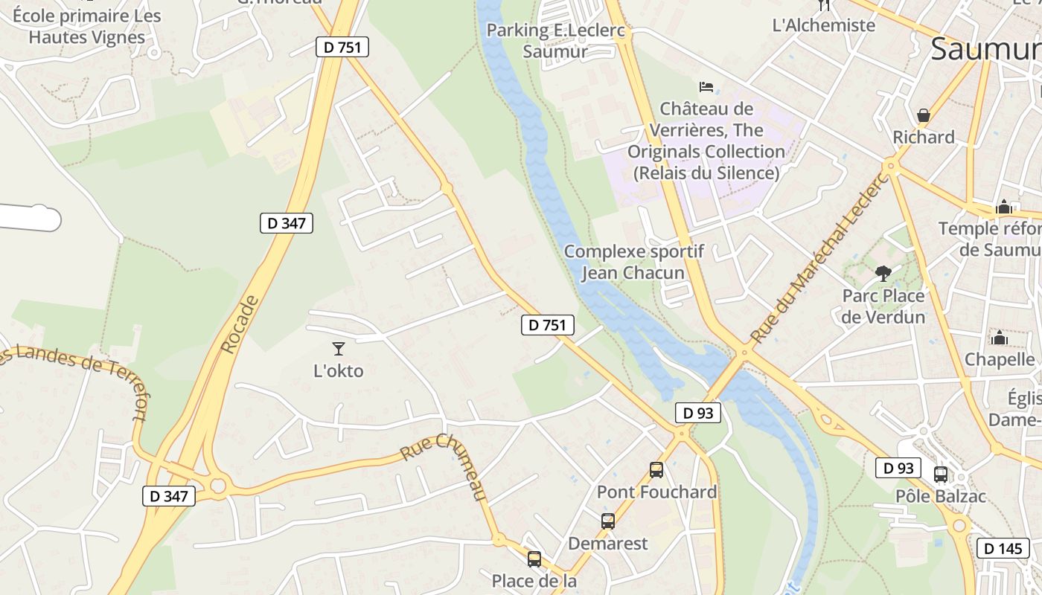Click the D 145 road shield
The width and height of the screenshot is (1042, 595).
(x=1003, y=548)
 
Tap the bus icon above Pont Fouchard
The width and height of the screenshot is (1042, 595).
(x=656, y=470)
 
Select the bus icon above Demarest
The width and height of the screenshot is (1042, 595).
(x=608, y=521)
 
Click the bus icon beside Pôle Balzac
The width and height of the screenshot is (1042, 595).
(x=941, y=475)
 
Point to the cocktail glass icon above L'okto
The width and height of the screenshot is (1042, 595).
(x=339, y=348)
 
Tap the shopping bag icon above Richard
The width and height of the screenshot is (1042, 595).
(x=924, y=115)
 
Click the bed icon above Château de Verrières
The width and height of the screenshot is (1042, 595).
(x=706, y=87)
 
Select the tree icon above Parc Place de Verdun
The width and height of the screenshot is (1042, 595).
(x=883, y=274)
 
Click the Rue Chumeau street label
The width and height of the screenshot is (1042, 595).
(x=444, y=466)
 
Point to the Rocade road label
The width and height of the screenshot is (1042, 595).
(x=240, y=324)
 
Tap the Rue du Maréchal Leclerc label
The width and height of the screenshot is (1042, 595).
(x=819, y=257)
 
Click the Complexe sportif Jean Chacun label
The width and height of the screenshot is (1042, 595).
(x=633, y=262)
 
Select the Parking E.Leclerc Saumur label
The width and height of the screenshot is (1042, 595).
(x=555, y=41)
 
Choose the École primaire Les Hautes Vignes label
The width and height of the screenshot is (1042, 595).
(x=87, y=26)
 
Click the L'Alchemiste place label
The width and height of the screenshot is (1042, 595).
(x=824, y=25)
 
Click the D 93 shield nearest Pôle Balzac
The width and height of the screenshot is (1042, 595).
(x=898, y=469)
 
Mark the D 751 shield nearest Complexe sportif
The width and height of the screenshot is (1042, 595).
(x=548, y=325)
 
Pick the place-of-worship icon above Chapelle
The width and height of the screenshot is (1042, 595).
(x=999, y=338)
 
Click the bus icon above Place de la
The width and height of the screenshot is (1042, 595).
(x=534, y=559)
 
